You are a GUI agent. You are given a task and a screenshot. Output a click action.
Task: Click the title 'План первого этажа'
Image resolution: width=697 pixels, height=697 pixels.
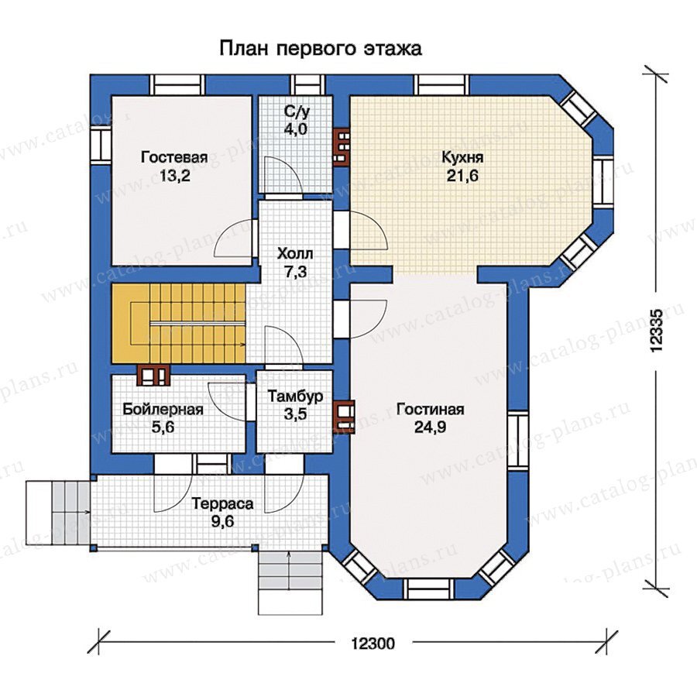pos(321,49)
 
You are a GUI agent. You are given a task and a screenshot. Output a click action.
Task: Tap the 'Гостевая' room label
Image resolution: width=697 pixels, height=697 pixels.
pos(174,157)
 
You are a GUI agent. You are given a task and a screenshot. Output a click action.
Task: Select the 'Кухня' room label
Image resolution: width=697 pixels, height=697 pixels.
pos(462,157)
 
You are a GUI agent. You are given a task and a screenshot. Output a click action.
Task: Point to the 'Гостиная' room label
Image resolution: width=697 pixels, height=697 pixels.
pos(431,409)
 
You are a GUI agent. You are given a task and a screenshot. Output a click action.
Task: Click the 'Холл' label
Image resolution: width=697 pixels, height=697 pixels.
pos(295,254)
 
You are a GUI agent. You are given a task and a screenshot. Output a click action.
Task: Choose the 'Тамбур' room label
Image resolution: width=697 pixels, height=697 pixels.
pos(295,396)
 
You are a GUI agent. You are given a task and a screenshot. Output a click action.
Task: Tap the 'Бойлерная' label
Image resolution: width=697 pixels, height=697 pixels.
pos(163,409)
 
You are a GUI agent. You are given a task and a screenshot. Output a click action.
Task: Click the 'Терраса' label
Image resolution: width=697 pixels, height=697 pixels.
pos(222,503)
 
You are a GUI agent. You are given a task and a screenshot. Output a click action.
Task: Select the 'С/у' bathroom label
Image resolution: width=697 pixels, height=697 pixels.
pos(296,112)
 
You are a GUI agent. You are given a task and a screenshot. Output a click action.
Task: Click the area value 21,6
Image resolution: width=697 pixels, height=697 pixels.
pos(462,176)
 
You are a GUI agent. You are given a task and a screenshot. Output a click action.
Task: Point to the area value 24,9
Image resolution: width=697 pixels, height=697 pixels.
pos(431,427)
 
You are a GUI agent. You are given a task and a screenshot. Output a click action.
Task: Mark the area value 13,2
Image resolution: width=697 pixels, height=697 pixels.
pos(175,176)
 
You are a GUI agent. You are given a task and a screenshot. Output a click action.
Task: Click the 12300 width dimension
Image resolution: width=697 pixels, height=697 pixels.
pos(373,643)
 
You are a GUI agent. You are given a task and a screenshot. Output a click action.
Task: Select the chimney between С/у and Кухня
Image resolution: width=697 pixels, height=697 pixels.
pos(342,147)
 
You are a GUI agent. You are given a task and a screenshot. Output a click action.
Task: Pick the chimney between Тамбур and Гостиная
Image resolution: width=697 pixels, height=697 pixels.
pos(344,416)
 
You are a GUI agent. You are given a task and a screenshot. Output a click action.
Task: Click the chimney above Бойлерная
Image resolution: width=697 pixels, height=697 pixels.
pos(153,375)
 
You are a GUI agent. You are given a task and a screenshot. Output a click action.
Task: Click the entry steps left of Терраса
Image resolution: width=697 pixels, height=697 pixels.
pos(58,513)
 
